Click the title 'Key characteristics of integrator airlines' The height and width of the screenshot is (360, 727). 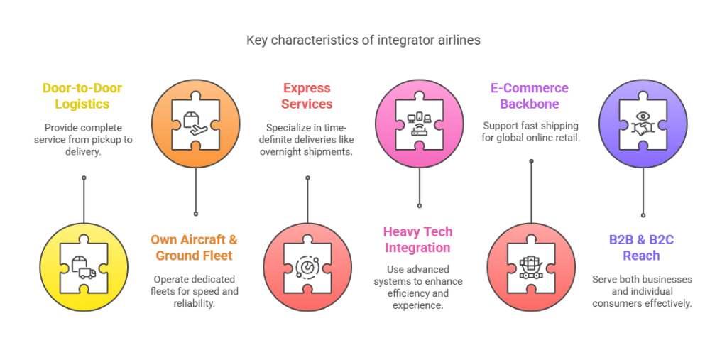pyautogui.click(x=363, y=40)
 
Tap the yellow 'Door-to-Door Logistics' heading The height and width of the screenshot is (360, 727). pyautogui.click(x=82, y=96)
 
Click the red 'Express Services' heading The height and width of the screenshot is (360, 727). pyautogui.click(x=307, y=96)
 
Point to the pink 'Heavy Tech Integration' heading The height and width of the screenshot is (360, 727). pyautogui.click(x=417, y=240)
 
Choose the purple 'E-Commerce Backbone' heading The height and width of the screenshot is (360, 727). pyautogui.click(x=530, y=96)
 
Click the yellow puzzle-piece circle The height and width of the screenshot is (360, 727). pyautogui.click(x=84, y=266)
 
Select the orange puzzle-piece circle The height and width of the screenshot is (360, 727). pyautogui.click(x=195, y=124)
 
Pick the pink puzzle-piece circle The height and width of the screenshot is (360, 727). pyautogui.click(x=419, y=124)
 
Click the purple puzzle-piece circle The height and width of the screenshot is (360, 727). pyautogui.click(x=643, y=124)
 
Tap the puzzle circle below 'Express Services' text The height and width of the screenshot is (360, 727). pyautogui.click(x=307, y=266)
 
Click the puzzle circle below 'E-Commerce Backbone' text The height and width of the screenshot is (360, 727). pyautogui.click(x=531, y=266)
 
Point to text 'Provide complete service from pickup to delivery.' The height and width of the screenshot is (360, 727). pyautogui.click(x=82, y=139)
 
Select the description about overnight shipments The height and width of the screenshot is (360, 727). pyautogui.click(x=307, y=139)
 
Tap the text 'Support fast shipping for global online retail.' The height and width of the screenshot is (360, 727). pyautogui.click(x=530, y=132)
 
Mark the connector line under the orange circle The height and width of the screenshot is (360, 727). pyautogui.click(x=195, y=192)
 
